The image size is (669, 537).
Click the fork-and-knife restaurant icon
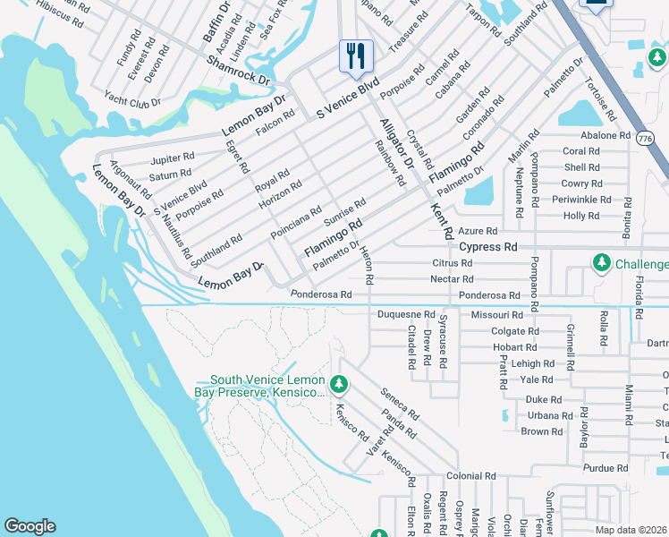tap(356, 56)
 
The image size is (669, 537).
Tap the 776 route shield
tap(644, 139)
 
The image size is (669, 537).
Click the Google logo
tap(30, 526)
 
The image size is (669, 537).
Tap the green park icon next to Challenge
tap(602, 263)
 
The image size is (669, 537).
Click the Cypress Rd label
tap(487, 246)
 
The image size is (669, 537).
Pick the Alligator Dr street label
tap(396, 143)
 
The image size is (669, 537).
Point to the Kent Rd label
tap(439, 220)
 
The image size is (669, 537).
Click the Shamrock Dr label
tap(238, 72)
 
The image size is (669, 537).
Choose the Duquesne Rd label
tap(405, 315)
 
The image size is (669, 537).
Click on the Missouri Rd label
tap(497, 315)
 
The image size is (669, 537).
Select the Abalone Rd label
tap(605, 136)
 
